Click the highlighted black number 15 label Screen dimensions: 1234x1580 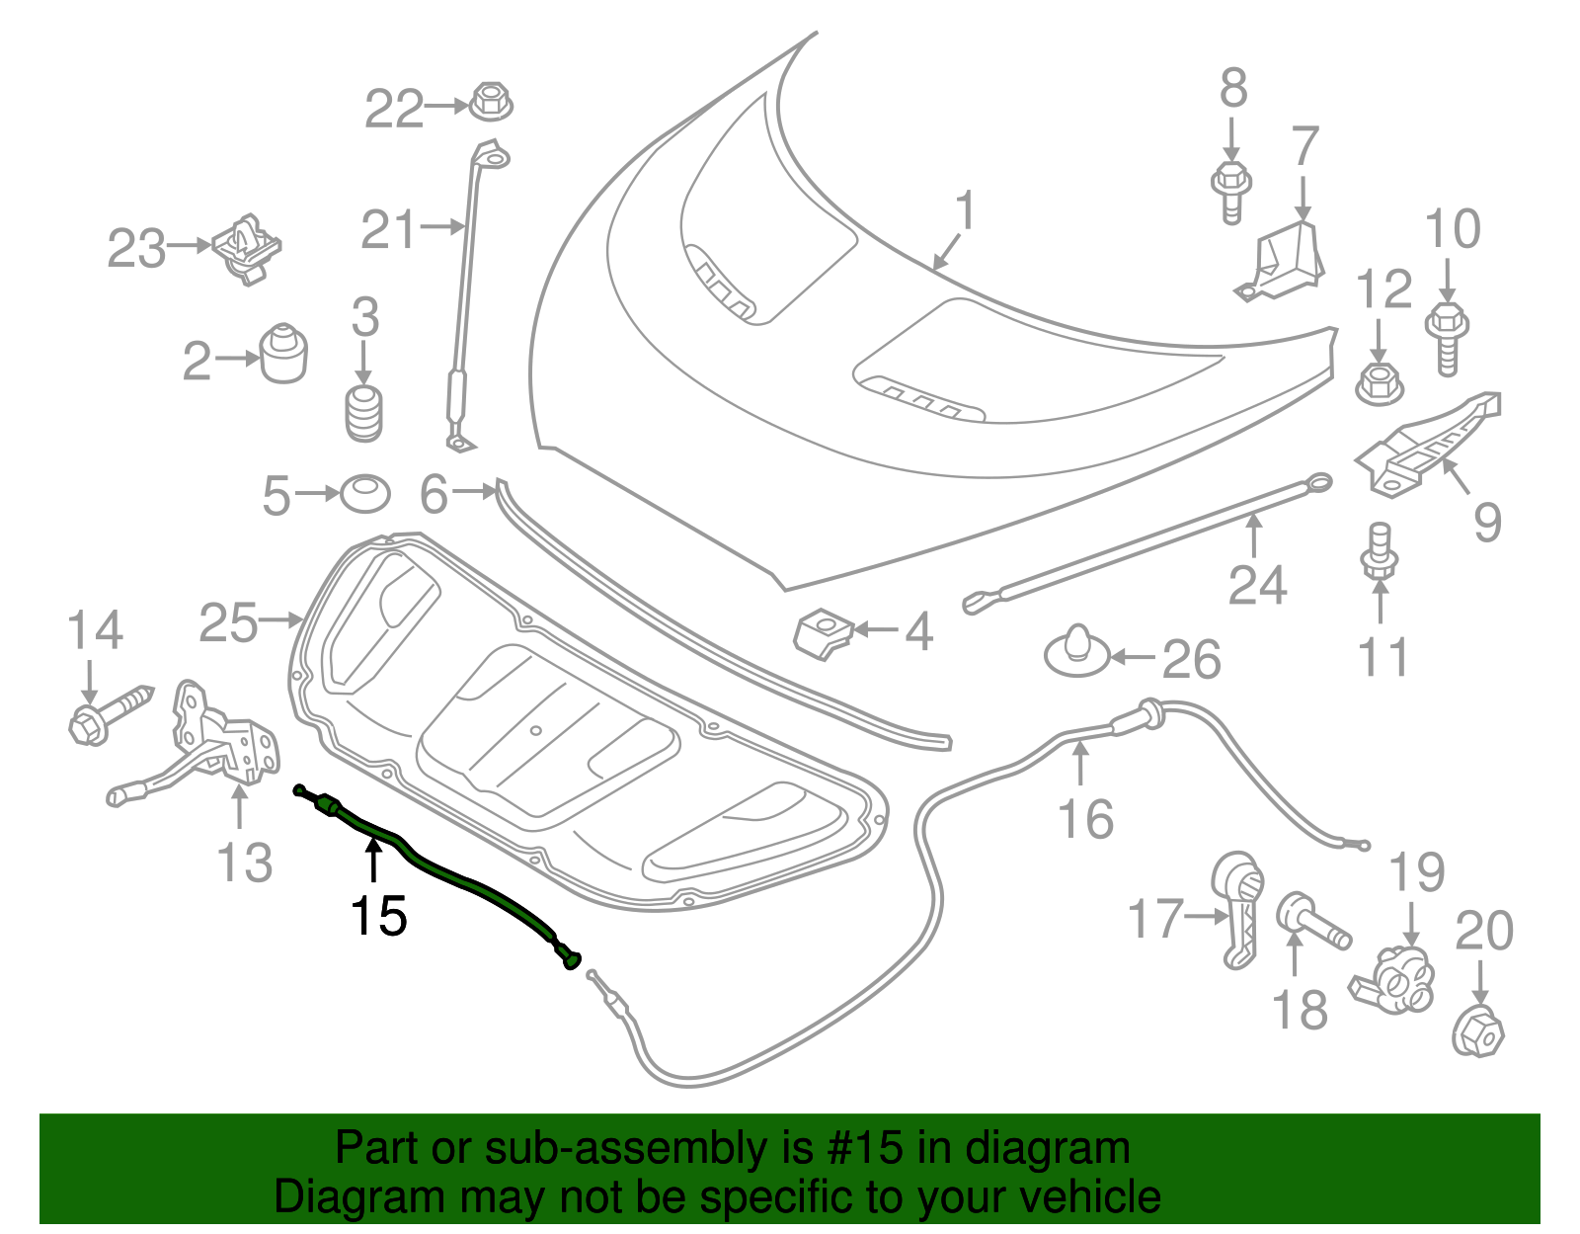tap(379, 916)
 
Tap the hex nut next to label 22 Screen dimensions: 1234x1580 tap(490, 101)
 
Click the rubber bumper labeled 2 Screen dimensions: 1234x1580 tap(284, 354)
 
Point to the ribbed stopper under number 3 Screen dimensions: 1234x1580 tap(364, 414)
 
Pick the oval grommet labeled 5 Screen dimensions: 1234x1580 tap(364, 494)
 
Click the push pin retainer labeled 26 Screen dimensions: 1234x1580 tap(1077, 654)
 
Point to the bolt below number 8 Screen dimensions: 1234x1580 tap(1231, 192)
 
